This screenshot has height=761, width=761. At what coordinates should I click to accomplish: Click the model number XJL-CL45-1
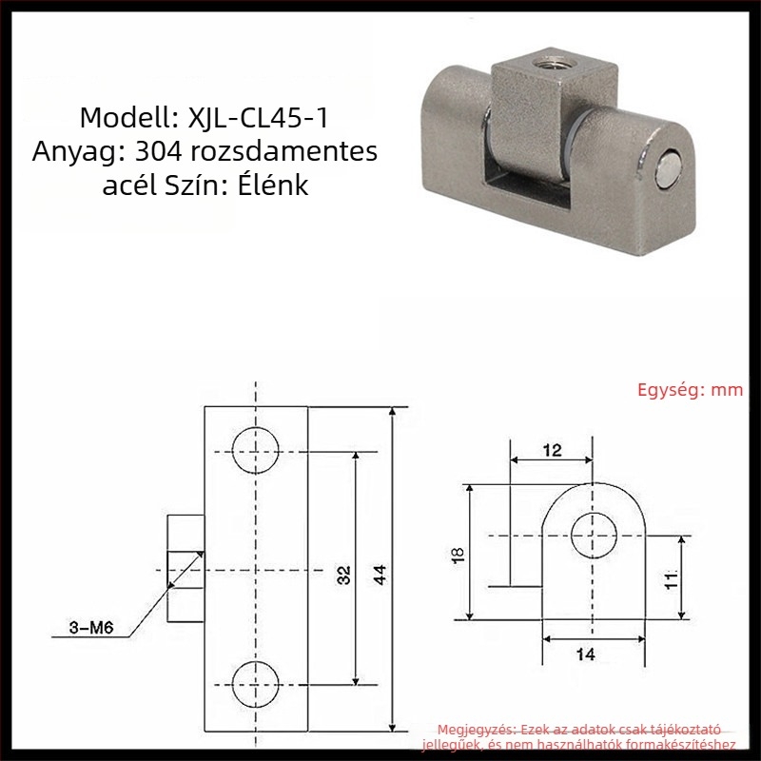point(258,118)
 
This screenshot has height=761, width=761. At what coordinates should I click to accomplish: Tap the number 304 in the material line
point(158,151)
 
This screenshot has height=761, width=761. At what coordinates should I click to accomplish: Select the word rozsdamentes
point(283,151)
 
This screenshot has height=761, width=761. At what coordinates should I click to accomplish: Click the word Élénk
point(273,185)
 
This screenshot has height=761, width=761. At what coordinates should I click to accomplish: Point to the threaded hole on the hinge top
point(546,64)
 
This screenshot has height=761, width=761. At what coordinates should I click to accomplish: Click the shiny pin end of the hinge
point(669,168)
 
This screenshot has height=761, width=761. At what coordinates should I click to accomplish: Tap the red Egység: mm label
point(691,390)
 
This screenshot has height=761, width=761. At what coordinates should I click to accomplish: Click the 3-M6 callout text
point(91,628)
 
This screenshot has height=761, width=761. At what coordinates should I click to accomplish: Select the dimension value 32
point(343,575)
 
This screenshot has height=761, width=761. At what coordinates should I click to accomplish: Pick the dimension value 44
point(380,575)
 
